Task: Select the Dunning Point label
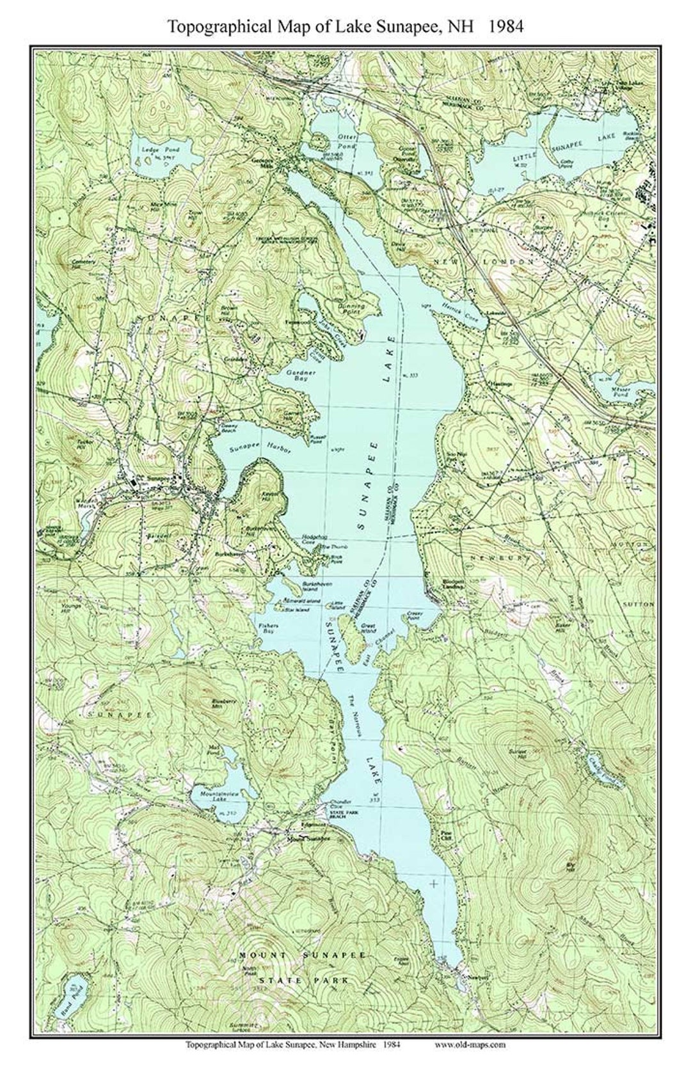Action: (x=351, y=310)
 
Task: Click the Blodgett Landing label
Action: (x=436, y=584)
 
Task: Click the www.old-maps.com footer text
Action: (x=470, y=1045)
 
